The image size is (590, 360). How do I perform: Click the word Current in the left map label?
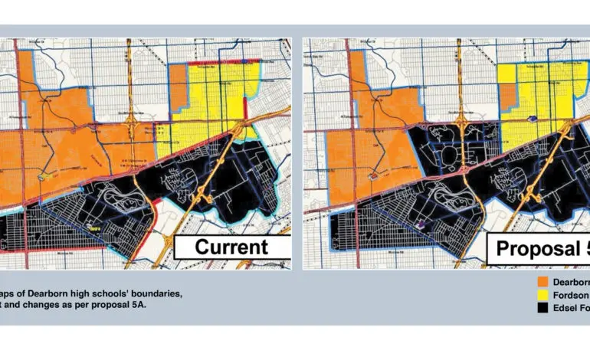[x=231, y=247]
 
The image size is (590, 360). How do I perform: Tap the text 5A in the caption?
[x=140, y=306]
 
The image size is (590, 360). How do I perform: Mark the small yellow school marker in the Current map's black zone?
[x=95, y=227]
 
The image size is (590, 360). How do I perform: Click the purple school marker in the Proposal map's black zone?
[x=421, y=224]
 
